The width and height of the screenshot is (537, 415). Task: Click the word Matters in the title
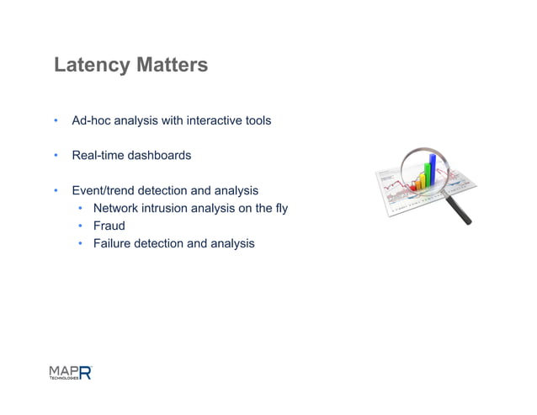[x=171, y=65]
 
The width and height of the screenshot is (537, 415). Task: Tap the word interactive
[x=196, y=120]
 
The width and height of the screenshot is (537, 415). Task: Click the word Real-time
[x=97, y=156]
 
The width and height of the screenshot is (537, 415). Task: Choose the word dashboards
[x=159, y=156]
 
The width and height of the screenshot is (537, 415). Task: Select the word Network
[x=117, y=208]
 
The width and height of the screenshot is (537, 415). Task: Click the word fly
[x=280, y=208]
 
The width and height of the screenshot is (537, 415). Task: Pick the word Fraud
[x=109, y=226]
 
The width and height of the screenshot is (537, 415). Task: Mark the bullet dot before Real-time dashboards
[x=56, y=156]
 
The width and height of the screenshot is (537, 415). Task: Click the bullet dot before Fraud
[x=78, y=226]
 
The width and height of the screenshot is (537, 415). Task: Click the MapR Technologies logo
[x=70, y=372]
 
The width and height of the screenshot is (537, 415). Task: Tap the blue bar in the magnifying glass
[x=433, y=168]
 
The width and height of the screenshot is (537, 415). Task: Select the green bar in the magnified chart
[x=426, y=174]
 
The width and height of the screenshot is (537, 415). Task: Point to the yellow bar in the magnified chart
[x=419, y=179]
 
